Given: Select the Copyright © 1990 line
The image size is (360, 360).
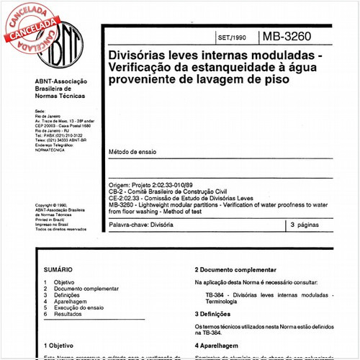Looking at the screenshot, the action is pos(55,204).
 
